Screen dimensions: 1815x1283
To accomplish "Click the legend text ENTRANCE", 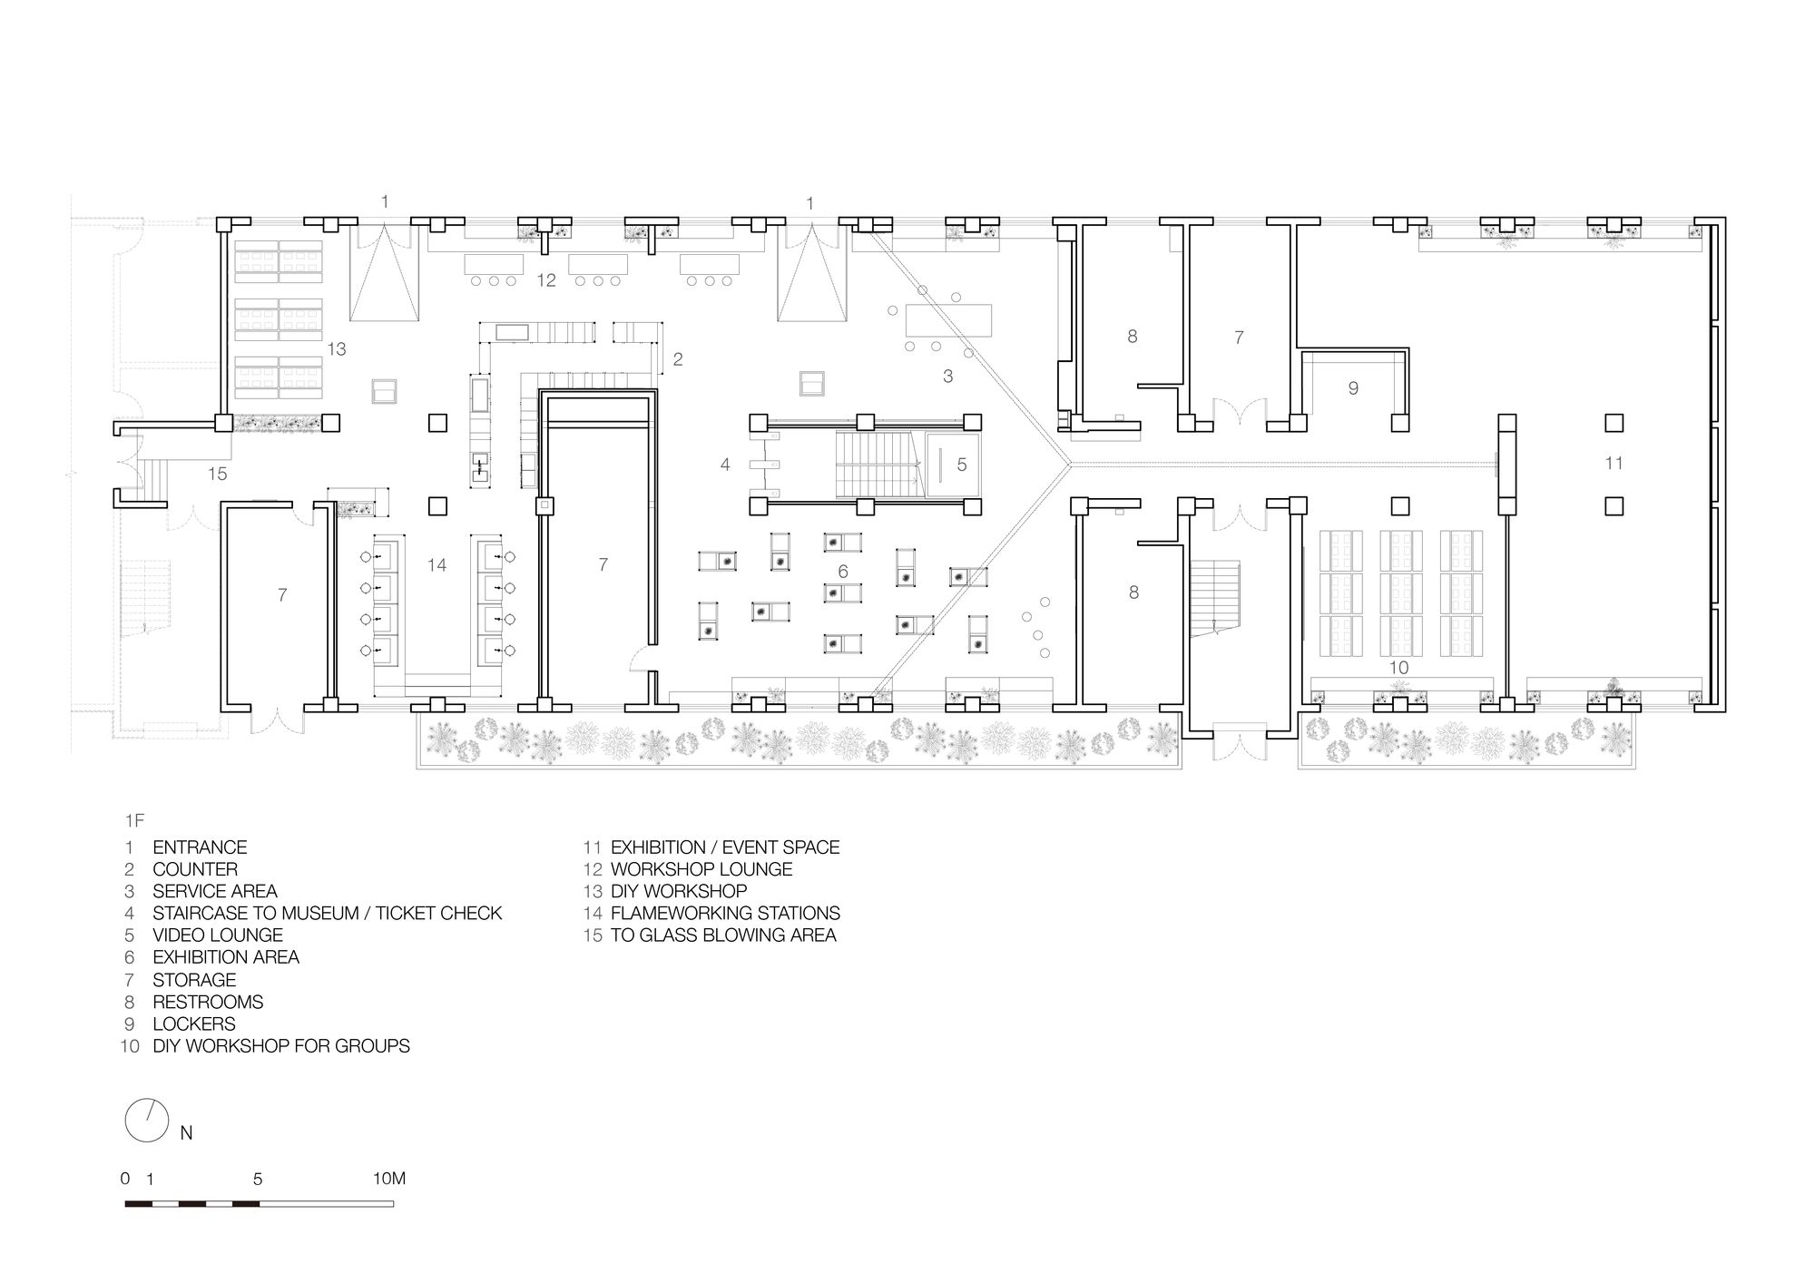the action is (200, 847).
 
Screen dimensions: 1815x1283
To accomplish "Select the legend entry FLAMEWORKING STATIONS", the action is (725, 913).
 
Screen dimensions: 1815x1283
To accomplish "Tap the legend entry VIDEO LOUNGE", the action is (218, 935).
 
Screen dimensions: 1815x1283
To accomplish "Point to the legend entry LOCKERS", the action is (193, 1023).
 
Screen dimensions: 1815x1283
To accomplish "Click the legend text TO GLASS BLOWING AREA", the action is (723, 935).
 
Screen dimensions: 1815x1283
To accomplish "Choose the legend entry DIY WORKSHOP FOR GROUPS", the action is (281, 1046).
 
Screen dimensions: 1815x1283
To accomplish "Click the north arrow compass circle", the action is (146, 1122).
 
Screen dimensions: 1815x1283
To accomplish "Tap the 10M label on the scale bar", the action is (389, 1179).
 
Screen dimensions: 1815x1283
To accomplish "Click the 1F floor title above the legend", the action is (134, 820).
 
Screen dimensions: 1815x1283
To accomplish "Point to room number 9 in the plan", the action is (1353, 388).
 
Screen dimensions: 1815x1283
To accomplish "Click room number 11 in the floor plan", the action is (1614, 463).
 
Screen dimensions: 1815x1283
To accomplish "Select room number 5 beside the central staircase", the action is (962, 465).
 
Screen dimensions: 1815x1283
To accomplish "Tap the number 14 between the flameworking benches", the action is (437, 565).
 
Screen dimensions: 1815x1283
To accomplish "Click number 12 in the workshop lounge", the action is (545, 280).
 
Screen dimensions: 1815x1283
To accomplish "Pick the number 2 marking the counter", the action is (678, 359).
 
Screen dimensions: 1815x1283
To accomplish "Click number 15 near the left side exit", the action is (217, 474).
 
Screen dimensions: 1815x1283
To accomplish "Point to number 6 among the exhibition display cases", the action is (843, 572).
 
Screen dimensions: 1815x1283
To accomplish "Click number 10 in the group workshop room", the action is (1398, 668).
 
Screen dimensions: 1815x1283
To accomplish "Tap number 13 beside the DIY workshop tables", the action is (337, 348).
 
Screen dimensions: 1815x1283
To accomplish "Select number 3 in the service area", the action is (948, 376).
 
